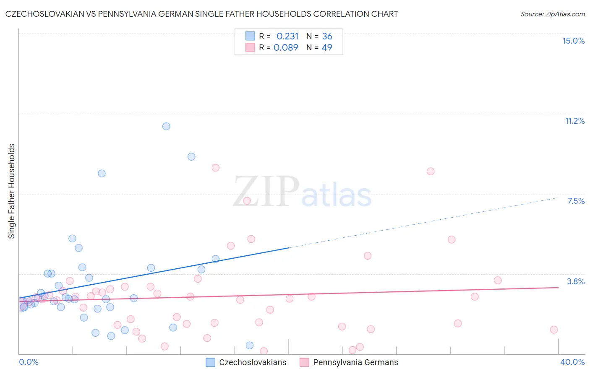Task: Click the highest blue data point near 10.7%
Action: [x=166, y=126]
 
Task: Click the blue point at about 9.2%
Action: [x=191, y=157]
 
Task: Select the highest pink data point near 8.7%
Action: [x=216, y=168]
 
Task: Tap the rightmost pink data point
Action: [x=554, y=330]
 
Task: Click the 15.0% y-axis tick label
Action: [x=573, y=41]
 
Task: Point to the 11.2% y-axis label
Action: [x=574, y=121]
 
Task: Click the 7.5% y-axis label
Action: [x=576, y=201]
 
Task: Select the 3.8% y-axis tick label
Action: [x=576, y=281]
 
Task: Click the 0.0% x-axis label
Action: [x=29, y=362]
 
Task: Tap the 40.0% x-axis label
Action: [x=572, y=362]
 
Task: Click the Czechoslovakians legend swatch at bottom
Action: [x=211, y=362]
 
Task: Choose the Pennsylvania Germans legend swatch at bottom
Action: [x=305, y=362]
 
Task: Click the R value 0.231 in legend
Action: [x=287, y=36]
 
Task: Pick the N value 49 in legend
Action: [x=327, y=48]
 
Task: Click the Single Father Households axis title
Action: [x=12, y=191]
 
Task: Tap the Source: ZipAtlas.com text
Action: [x=552, y=14]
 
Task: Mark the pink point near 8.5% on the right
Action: [x=431, y=171]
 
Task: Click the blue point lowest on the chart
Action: [x=250, y=345]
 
